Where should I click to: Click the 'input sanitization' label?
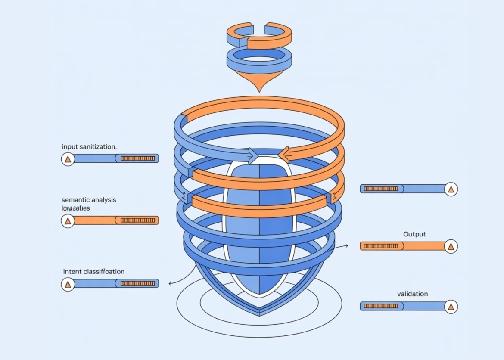pyautogui.click(x=89, y=147)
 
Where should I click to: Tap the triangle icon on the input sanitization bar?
pyautogui.click(x=68, y=159)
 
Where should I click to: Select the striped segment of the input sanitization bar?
pyautogui.click(x=137, y=158)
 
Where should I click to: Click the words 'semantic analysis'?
pyautogui.click(x=89, y=200)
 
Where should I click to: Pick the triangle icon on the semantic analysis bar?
pyautogui.click(x=68, y=221)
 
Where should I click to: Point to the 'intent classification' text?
pyautogui.click(x=93, y=272)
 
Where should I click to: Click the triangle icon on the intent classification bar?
pyautogui.click(x=68, y=284)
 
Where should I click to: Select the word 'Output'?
pyautogui.click(x=414, y=234)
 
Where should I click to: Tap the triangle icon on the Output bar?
pyautogui.click(x=451, y=246)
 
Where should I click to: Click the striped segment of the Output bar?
pyautogui.click(x=381, y=246)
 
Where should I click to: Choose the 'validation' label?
pyautogui.click(x=412, y=294)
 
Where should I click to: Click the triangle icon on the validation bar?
pyautogui.click(x=451, y=307)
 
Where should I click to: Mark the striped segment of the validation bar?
pyautogui.click(x=381, y=306)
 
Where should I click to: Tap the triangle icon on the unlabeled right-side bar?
pyautogui.click(x=451, y=189)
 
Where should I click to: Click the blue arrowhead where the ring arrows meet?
pyautogui.click(x=254, y=155)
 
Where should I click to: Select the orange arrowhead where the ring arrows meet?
pyautogui.click(x=283, y=154)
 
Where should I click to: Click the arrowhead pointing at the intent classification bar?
pyautogui.click(x=171, y=283)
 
